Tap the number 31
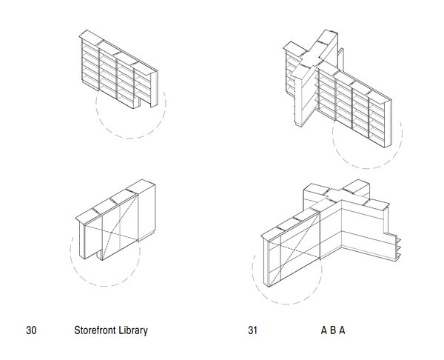tap(253, 330)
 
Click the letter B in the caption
tap(333, 330)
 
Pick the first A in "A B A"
tap(323, 330)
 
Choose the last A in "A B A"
tap(343, 330)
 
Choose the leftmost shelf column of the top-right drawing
tap(290, 74)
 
